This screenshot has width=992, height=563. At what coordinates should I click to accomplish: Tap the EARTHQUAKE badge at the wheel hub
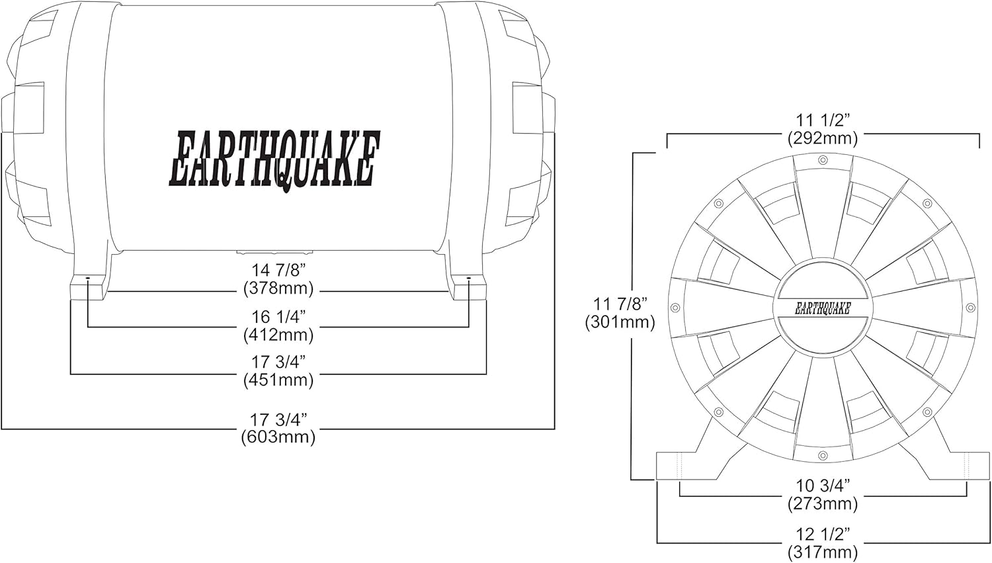[823, 308]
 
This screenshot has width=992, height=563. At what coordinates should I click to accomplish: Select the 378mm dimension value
[278, 288]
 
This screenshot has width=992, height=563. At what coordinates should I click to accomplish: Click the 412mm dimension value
[278, 335]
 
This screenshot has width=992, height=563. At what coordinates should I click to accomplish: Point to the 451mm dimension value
[278, 380]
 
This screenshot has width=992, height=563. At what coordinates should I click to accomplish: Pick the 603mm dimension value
[278, 437]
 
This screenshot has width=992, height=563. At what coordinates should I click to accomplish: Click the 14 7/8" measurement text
[278, 270]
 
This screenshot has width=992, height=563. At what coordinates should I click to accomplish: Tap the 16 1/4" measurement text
[278, 316]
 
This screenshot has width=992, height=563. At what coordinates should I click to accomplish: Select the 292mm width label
[823, 138]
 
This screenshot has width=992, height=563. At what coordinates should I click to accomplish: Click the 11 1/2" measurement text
[823, 120]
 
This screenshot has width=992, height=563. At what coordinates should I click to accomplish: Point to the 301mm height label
[620, 322]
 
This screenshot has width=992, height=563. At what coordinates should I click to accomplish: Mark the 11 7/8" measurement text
[620, 304]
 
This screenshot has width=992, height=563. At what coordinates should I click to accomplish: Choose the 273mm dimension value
[823, 503]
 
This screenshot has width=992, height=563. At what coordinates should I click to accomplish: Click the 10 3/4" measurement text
[823, 485]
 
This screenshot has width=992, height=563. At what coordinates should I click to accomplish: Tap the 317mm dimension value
[823, 552]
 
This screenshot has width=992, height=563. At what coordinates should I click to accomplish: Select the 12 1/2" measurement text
[823, 533]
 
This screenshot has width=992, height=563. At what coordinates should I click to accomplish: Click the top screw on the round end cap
[823, 160]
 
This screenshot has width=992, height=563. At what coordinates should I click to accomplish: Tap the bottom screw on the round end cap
[823, 455]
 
